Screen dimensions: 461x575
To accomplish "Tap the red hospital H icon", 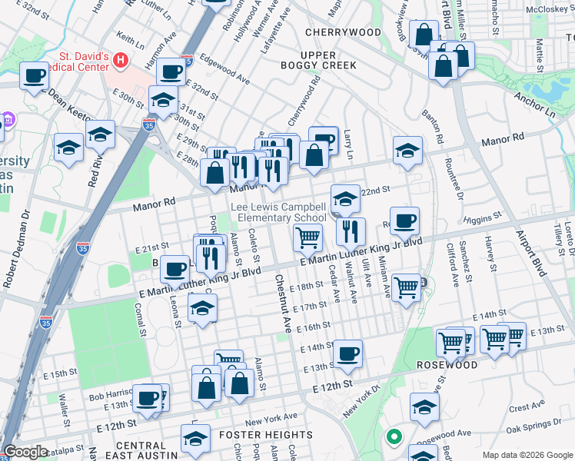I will (x=121, y=59).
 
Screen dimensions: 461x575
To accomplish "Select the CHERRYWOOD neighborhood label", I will (x=342, y=32).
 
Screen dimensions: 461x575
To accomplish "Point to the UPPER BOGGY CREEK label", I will (x=329, y=61).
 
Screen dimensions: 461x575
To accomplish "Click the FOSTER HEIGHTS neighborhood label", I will (x=268, y=434).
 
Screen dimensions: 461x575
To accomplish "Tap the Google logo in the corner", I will (x=25, y=452).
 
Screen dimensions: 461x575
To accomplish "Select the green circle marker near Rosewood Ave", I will (x=394, y=438).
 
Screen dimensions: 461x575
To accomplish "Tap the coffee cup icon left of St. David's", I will (x=34, y=76).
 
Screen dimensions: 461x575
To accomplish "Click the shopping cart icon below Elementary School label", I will (x=307, y=238).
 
